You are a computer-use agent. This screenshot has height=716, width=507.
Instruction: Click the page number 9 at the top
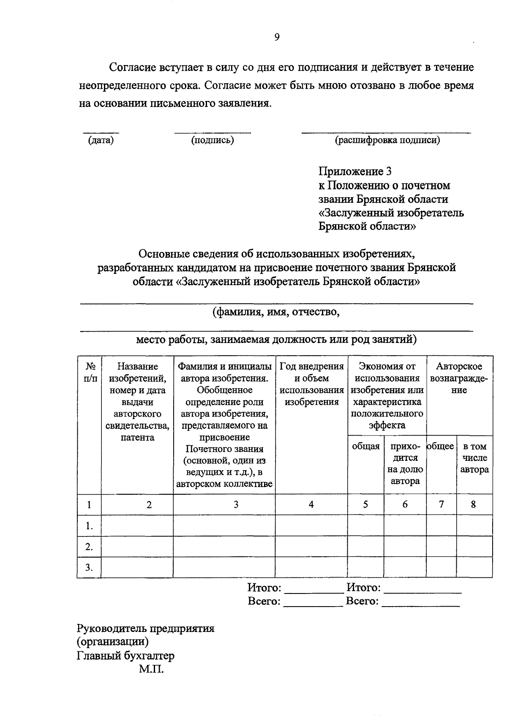point(277,37)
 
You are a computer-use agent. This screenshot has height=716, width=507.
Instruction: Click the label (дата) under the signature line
point(101,140)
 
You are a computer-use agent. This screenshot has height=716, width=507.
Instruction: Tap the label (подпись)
point(213,140)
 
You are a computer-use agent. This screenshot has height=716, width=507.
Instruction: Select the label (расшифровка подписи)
point(387,140)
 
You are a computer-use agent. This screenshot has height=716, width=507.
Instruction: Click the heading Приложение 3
point(355,171)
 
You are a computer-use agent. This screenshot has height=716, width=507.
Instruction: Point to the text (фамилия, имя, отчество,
point(276,312)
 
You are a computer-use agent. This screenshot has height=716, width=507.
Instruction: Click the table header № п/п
point(89,372)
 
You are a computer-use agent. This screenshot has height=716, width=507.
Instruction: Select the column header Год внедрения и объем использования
point(311,384)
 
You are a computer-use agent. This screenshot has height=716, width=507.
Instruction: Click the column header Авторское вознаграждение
point(459,378)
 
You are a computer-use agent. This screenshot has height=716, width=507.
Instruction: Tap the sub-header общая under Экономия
point(365,446)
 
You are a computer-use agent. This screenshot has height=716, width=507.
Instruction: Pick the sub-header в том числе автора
point(474,458)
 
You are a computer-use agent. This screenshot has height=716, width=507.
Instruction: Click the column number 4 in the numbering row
point(311,504)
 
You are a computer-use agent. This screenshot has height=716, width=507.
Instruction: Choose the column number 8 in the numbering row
point(473,504)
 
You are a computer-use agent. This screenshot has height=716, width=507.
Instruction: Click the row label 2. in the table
point(89,547)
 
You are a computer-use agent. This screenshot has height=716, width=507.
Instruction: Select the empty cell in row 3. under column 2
point(137,567)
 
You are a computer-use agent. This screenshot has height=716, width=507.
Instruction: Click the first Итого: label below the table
point(264,588)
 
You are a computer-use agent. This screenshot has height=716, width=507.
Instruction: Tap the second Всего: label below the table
point(362,601)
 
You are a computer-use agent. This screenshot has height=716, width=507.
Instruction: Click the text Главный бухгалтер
point(125,656)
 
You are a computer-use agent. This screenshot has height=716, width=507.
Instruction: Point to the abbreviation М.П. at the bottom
point(150,670)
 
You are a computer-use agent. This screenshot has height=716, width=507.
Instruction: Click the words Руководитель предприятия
point(145,628)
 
